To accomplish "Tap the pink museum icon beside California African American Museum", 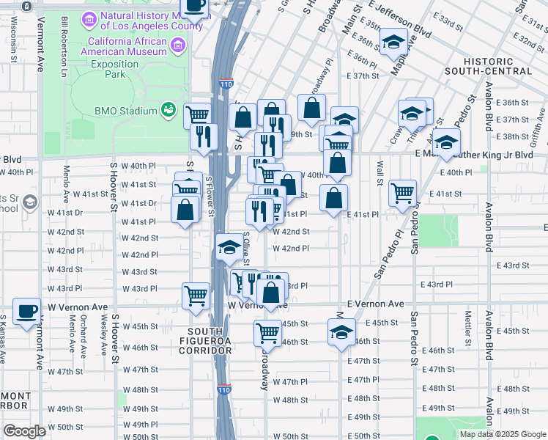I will [177, 47].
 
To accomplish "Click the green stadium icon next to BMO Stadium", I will [169, 111].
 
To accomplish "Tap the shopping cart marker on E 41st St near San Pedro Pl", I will [402, 193].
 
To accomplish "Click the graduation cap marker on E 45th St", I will [341, 331].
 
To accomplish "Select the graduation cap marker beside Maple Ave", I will [394, 43].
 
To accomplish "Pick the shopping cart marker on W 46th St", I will [267, 332].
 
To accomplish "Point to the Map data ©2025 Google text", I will [502, 434].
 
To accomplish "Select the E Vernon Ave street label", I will [375, 304].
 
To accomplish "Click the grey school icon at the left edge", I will [29, 202].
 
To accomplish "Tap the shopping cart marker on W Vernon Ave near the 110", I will [195, 296].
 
